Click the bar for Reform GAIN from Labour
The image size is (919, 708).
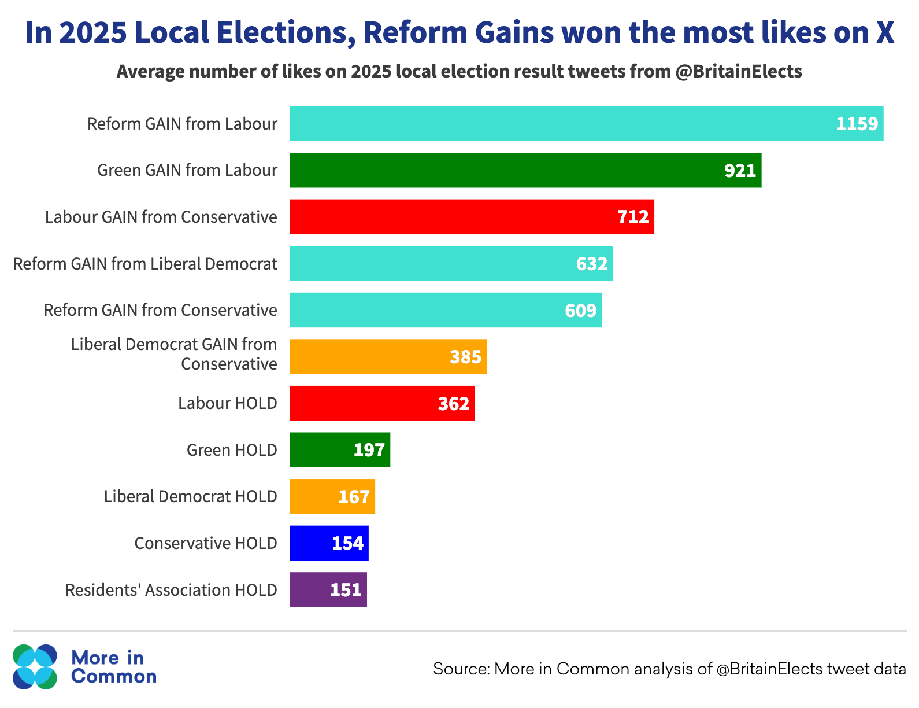pyautogui.click(x=586, y=124)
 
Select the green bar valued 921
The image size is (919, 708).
pyautogui.click(x=525, y=171)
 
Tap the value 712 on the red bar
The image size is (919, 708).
pyautogui.click(x=633, y=217)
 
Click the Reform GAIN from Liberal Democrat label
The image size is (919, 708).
pyautogui.click(x=145, y=264)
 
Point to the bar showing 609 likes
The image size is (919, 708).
pyautogui.click(x=445, y=310)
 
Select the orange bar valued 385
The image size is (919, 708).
pyautogui.click(x=388, y=357)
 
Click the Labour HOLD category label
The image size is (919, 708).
pyautogui.click(x=227, y=403)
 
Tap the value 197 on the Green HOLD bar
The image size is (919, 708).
pyautogui.click(x=369, y=450)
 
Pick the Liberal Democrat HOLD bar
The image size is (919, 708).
pyautogui.click(x=332, y=496)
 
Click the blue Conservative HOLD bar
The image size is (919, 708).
pyautogui.click(x=329, y=543)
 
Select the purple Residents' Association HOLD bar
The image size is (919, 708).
pyautogui.click(x=328, y=589)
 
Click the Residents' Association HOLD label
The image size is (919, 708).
pyautogui.click(x=171, y=590)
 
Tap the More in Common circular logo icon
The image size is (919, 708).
pyautogui.click(x=35, y=667)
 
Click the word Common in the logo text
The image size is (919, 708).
pyautogui.click(x=114, y=676)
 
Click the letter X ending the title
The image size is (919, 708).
pyautogui.click(x=884, y=33)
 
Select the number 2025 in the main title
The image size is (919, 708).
pyautogui.click(x=93, y=33)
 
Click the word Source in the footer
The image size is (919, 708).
pyautogui.click(x=461, y=669)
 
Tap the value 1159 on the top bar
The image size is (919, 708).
pyautogui.click(x=857, y=124)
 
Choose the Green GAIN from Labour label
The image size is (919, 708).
pyautogui.click(x=187, y=171)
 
